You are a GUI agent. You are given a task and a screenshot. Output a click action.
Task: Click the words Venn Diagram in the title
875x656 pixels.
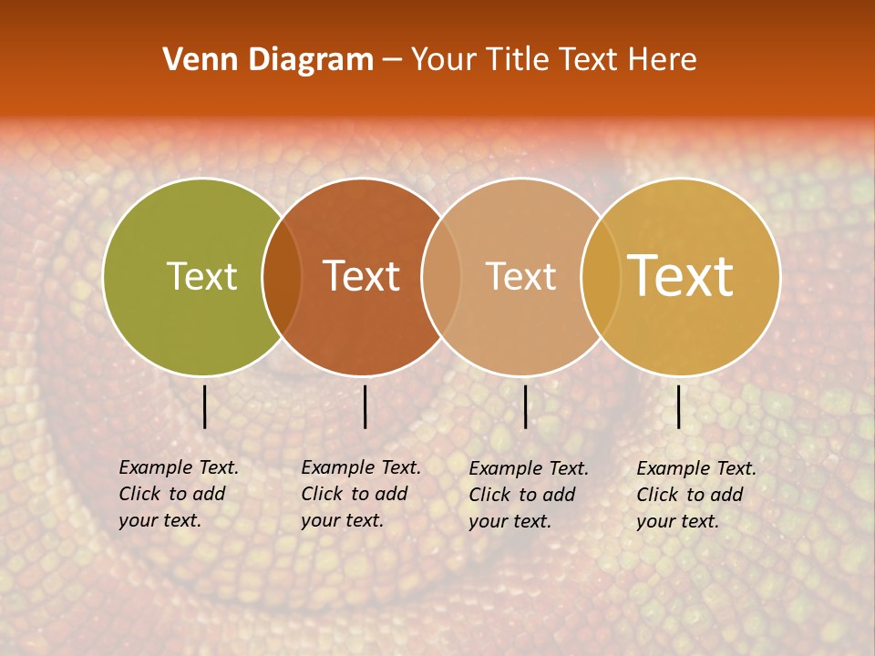coord(268,60)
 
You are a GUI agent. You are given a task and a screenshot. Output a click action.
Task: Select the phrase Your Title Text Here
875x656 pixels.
coord(553,60)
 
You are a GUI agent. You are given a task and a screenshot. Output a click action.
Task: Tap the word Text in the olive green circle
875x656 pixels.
coord(201,276)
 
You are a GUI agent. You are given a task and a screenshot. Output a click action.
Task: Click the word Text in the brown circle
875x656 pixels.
coord(361,276)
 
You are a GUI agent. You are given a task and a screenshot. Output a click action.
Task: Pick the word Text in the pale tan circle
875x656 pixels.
coord(520,276)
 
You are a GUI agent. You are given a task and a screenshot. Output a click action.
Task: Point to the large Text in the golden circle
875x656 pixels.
coord(681,276)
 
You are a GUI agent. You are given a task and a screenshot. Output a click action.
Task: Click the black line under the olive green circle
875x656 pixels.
coord(204,406)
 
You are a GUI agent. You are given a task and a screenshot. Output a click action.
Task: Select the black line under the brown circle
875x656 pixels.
coord(365,406)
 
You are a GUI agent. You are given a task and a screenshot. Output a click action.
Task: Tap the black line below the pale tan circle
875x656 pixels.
coord(525,406)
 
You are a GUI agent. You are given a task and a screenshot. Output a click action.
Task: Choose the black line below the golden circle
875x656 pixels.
coord(678,406)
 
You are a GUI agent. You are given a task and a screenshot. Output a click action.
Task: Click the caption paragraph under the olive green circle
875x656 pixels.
coord(178,494)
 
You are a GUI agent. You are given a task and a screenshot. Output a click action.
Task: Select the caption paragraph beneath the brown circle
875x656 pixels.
coord(360,494)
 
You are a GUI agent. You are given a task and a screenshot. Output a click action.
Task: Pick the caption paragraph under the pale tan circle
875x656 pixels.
coord(528,495)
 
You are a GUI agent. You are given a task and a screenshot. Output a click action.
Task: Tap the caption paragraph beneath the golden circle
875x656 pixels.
coord(695,495)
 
